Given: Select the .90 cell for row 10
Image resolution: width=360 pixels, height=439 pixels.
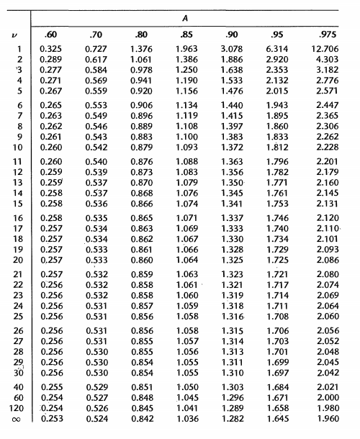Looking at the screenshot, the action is click(233, 148).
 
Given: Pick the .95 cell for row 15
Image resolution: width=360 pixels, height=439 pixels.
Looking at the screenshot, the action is click(277, 203).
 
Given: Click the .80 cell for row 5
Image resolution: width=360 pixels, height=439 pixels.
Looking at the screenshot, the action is click(142, 92).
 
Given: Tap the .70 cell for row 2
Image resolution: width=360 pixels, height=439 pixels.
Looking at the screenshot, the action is click(96, 58).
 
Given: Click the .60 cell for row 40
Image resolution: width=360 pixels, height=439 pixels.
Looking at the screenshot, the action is click(51, 386).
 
